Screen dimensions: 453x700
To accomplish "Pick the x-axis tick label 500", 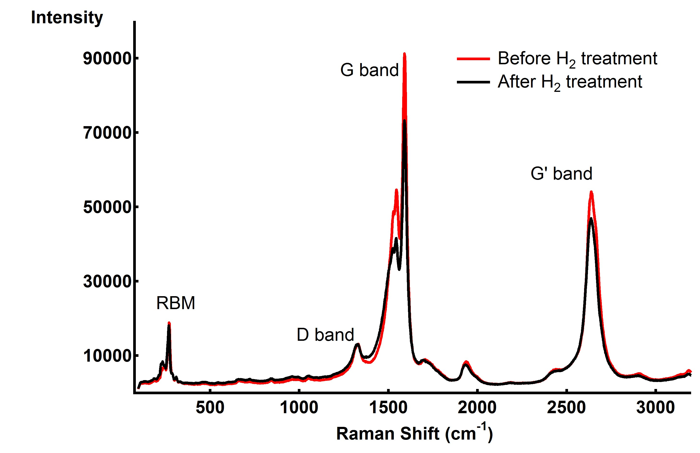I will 210,407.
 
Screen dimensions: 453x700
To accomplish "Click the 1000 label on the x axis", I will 299,407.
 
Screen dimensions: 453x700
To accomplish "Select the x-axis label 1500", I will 388,407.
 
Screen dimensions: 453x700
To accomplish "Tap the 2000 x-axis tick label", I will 477,407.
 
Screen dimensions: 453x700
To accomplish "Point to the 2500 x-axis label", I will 566,407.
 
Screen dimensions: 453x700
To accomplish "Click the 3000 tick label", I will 655,407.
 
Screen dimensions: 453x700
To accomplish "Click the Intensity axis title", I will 67,18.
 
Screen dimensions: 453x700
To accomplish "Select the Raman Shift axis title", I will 414,433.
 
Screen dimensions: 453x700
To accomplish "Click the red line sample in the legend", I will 473,59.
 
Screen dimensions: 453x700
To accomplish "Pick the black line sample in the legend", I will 473,82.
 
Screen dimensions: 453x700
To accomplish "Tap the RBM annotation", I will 176,303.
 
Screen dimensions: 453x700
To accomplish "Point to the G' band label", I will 561,173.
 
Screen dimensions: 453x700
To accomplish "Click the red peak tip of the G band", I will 404,54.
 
